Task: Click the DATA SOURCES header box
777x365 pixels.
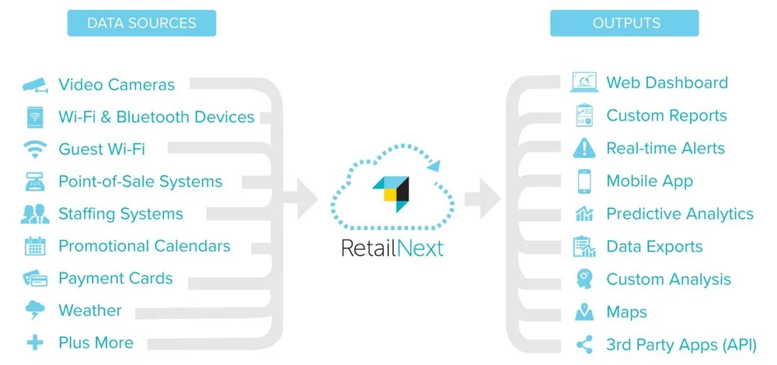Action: [141, 23]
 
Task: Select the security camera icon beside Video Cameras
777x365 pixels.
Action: [35, 85]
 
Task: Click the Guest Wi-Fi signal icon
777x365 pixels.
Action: [35, 149]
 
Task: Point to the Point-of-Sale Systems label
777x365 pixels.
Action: [140, 181]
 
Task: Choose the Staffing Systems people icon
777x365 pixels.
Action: [35, 214]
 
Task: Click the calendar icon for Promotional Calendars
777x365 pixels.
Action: [35, 247]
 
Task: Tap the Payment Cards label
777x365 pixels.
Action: [115, 279]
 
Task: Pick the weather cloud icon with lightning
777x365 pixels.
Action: [35, 311]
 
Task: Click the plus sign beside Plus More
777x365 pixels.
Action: [35, 342]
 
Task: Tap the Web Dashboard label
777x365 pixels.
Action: [667, 82]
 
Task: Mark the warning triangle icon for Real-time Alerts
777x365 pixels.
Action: [584, 148]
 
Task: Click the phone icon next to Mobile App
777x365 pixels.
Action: [584, 181]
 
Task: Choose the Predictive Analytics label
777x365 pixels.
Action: [680, 214]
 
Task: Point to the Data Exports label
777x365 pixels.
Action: [654, 247]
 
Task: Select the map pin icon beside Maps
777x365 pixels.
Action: [584, 312]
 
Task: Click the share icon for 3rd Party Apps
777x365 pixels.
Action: [584, 345]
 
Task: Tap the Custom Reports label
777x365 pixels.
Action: [667, 116]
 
